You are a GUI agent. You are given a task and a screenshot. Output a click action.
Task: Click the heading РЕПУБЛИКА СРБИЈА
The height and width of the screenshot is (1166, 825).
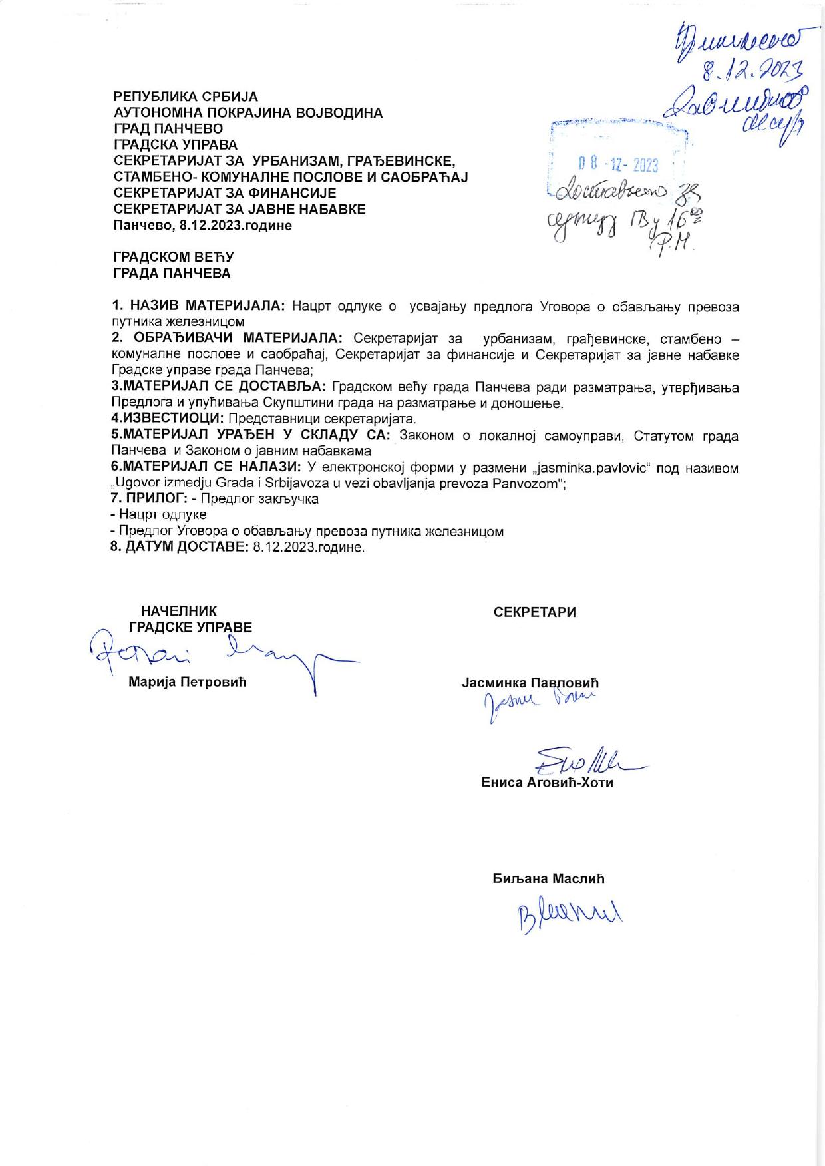(x=186, y=97)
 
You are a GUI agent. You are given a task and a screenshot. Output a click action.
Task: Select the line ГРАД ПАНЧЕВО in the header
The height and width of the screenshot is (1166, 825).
(x=168, y=129)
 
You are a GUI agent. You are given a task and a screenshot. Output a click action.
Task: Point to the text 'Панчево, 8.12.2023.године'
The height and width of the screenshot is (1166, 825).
(x=203, y=225)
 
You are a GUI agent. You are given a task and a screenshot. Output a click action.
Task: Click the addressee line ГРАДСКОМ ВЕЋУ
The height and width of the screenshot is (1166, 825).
(x=174, y=257)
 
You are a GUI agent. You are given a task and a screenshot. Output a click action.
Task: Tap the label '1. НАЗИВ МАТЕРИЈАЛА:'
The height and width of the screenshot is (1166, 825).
(x=198, y=306)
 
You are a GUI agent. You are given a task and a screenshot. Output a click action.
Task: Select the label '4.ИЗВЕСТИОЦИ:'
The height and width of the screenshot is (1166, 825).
(x=168, y=419)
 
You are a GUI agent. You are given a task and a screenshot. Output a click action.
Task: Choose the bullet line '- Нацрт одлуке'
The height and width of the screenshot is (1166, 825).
(x=158, y=515)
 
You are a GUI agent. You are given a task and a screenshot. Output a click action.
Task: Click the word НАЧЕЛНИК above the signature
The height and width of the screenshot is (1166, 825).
(x=179, y=611)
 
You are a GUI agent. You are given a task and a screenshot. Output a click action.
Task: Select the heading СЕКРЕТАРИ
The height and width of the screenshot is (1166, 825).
(x=535, y=612)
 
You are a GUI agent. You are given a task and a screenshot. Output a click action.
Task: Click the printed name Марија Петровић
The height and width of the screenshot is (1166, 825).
(x=188, y=683)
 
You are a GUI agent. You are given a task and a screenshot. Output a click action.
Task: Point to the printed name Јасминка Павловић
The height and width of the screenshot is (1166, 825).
(x=530, y=683)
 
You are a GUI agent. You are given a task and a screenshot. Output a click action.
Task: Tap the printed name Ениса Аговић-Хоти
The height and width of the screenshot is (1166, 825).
(x=547, y=783)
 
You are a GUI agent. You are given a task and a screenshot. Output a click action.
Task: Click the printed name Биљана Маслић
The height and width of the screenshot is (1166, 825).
(x=549, y=878)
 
